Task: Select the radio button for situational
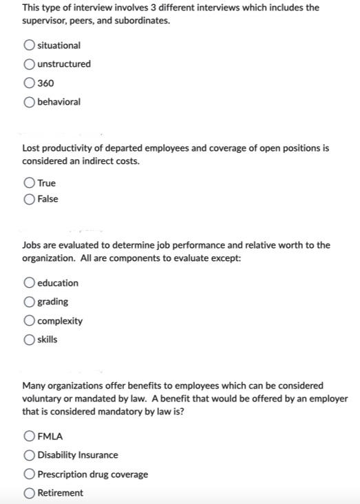coord(30,45)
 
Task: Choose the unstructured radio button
coord(30,64)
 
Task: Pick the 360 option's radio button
coord(30,83)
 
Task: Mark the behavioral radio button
coord(30,102)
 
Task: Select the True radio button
coord(30,183)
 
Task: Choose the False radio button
coord(30,199)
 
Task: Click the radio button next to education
coord(30,283)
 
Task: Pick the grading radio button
coord(30,302)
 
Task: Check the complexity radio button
coord(30,321)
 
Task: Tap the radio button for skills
coord(30,339)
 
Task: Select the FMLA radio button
coord(30,436)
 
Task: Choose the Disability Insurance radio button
coord(30,455)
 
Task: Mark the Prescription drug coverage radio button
coord(30,474)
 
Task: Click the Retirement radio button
coord(30,493)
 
